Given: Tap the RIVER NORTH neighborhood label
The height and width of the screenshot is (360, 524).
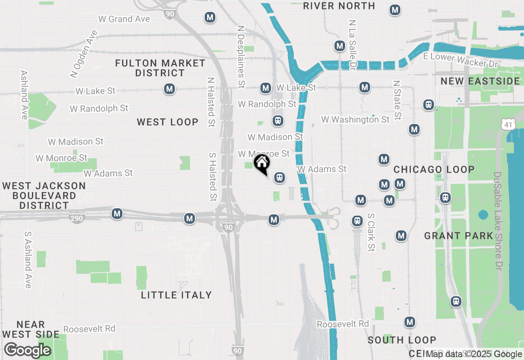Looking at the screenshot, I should click(x=339, y=6).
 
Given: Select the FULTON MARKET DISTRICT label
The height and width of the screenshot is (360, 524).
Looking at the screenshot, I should click(x=160, y=68).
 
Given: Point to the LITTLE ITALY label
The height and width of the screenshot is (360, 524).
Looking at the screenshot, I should click(x=176, y=295).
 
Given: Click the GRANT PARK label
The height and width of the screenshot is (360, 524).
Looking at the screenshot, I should click(x=459, y=236).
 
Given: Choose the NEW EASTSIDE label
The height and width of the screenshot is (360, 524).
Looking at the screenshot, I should click(x=480, y=81).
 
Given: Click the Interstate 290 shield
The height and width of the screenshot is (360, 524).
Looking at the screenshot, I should click(x=77, y=218).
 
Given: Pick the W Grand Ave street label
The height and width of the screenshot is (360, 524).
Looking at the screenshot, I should click(x=124, y=19).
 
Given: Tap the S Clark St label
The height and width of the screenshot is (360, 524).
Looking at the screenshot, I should click(x=371, y=232).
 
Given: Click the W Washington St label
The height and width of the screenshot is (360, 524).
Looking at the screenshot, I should click(x=355, y=119).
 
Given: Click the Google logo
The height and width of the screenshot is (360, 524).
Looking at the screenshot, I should click(x=27, y=350).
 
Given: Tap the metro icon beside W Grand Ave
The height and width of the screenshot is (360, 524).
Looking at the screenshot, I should click(x=210, y=18).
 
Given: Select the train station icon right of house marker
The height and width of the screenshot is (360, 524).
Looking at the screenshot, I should click(x=280, y=178).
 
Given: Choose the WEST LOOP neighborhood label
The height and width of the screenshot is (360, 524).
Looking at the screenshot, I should click(x=167, y=122).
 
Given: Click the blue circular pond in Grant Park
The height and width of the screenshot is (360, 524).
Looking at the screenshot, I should click(x=483, y=214).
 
